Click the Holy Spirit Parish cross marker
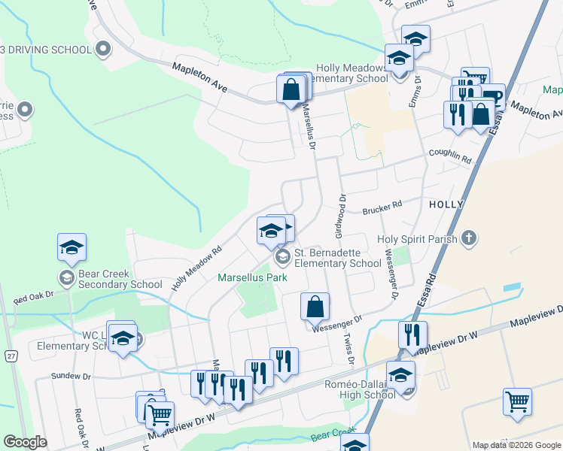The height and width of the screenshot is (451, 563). coord(469,239)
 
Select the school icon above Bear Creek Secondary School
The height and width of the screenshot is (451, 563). coord(72,247)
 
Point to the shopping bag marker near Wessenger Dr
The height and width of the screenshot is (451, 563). coord(315,307)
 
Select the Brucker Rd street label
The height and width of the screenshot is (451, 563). coord(383,204)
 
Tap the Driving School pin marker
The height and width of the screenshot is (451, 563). coord(104,50)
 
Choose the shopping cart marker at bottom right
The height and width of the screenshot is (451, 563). coord(517,403)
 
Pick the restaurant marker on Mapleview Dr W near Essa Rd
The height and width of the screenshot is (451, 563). coord(412,335)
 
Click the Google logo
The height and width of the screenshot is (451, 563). coord(25,442)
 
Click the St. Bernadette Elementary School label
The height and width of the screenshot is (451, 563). coord(337,258)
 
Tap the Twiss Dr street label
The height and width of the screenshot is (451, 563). coord(351,350)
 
